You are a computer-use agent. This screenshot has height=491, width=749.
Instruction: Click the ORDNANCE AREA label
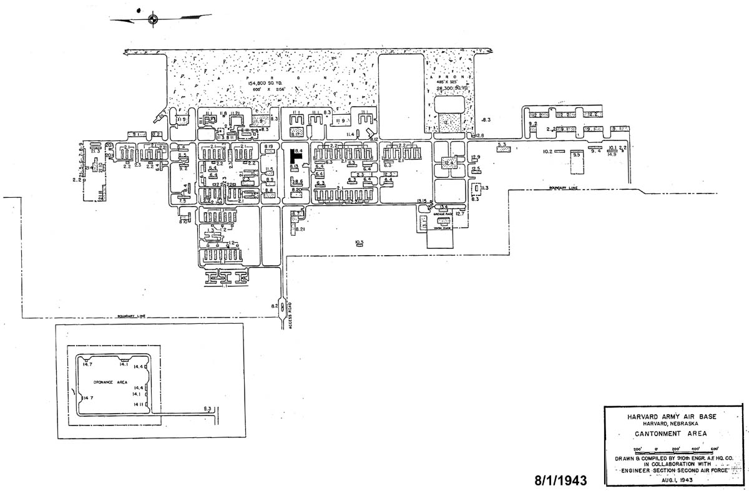pos(111,382)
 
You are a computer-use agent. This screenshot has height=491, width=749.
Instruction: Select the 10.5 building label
pos(359,241)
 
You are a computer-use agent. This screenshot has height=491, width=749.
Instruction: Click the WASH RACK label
pos(443,228)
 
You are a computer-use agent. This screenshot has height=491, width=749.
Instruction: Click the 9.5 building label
pos(576,155)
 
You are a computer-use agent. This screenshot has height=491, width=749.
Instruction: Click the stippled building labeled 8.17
pos(296,132)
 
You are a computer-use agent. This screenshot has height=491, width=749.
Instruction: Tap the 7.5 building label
pos(183,201)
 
